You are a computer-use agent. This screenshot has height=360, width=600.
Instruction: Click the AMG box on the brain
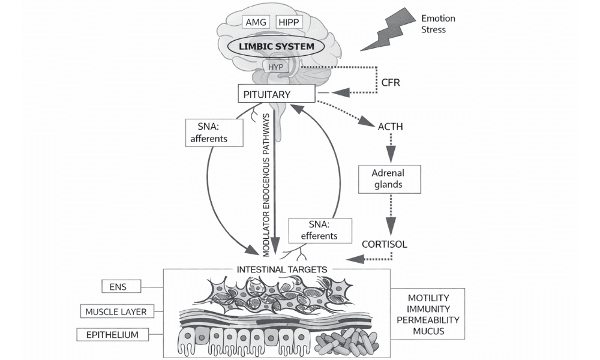(x=255, y=22)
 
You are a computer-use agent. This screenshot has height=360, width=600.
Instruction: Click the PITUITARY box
(x=276, y=94)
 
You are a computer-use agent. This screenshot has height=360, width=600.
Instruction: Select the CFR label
(x=390, y=82)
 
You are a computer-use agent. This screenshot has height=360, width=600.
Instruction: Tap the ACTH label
(x=390, y=127)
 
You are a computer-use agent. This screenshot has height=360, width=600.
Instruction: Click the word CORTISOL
(x=385, y=244)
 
